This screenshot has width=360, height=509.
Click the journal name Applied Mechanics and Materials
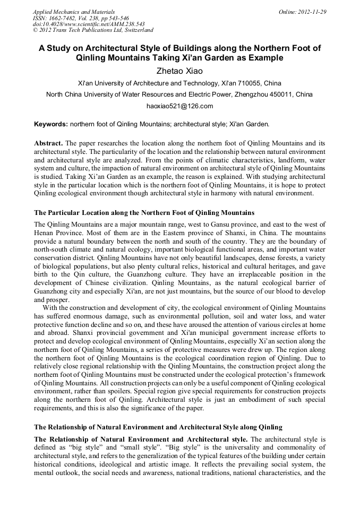pyautogui.click(x=73, y=12)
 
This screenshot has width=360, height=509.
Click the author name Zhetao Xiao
pyautogui.click(x=179, y=71)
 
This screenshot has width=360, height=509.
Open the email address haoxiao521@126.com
pyautogui.click(x=179, y=106)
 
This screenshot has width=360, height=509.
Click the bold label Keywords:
pyautogui.click(x=51, y=124)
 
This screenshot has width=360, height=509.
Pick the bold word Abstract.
pyautogui.click(x=49, y=144)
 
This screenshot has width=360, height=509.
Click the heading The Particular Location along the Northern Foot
pyautogui.click(x=144, y=213)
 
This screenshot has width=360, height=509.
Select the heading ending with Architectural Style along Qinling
pyautogui.click(x=158, y=427)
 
